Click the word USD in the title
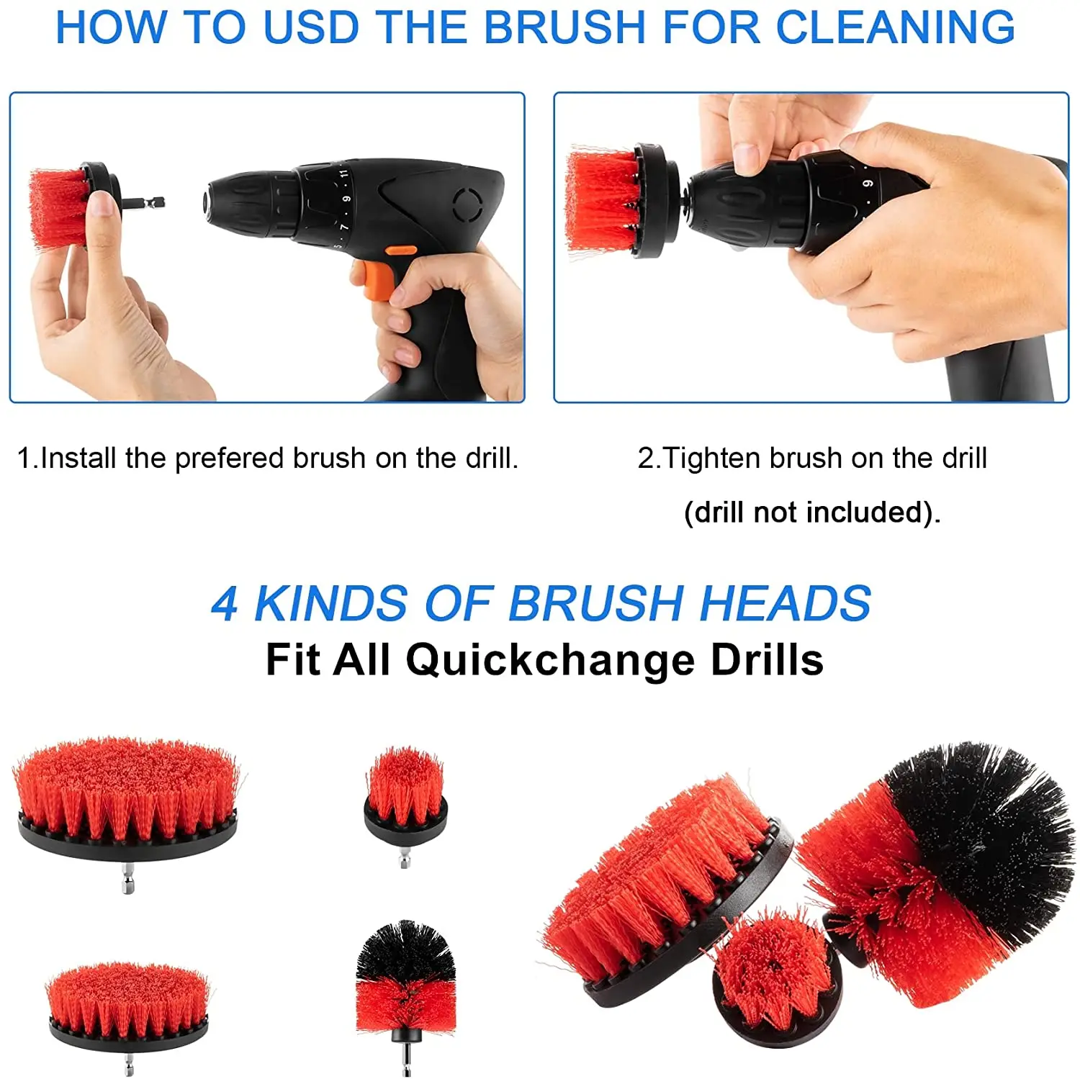point(311,27)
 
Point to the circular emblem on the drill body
point(467,204)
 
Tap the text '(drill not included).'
point(811,513)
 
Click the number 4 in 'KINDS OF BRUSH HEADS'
point(225,603)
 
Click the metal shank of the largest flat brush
point(128,879)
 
